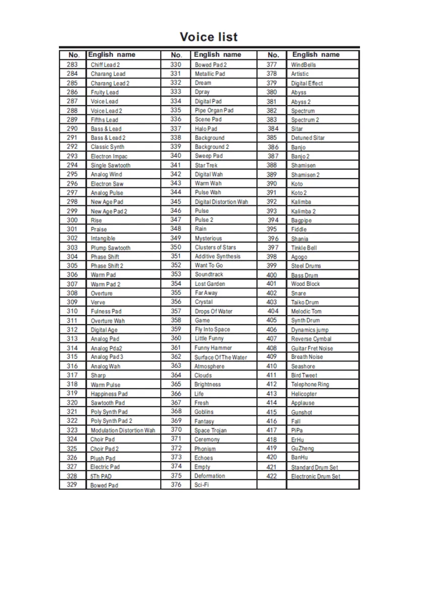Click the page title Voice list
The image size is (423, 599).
(x=208, y=37)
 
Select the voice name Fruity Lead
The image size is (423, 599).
(x=105, y=93)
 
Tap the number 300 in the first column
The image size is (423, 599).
(x=72, y=220)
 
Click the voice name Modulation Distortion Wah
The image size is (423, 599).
(x=123, y=430)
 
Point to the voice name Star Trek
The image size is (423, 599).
(x=206, y=165)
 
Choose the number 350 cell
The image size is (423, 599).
(x=176, y=247)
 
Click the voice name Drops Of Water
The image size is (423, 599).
(x=214, y=312)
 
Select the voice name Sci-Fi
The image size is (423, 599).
(x=202, y=485)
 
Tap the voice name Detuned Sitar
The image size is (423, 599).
(x=308, y=138)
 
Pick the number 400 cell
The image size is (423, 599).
(x=271, y=275)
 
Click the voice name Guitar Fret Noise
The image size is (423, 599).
(x=312, y=348)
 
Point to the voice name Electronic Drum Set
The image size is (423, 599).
(x=315, y=476)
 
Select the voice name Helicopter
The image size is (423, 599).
(x=304, y=394)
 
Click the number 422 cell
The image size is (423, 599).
(x=271, y=476)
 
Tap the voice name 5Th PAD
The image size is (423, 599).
(x=101, y=476)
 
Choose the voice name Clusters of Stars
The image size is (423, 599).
(x=215, y=247)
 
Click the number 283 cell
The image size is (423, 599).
(x=72, y=64)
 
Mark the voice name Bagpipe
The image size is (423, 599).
(x=301, y=220)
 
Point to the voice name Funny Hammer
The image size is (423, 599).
(x=214, y=348)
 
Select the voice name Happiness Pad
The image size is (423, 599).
(x=109, y=394)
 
